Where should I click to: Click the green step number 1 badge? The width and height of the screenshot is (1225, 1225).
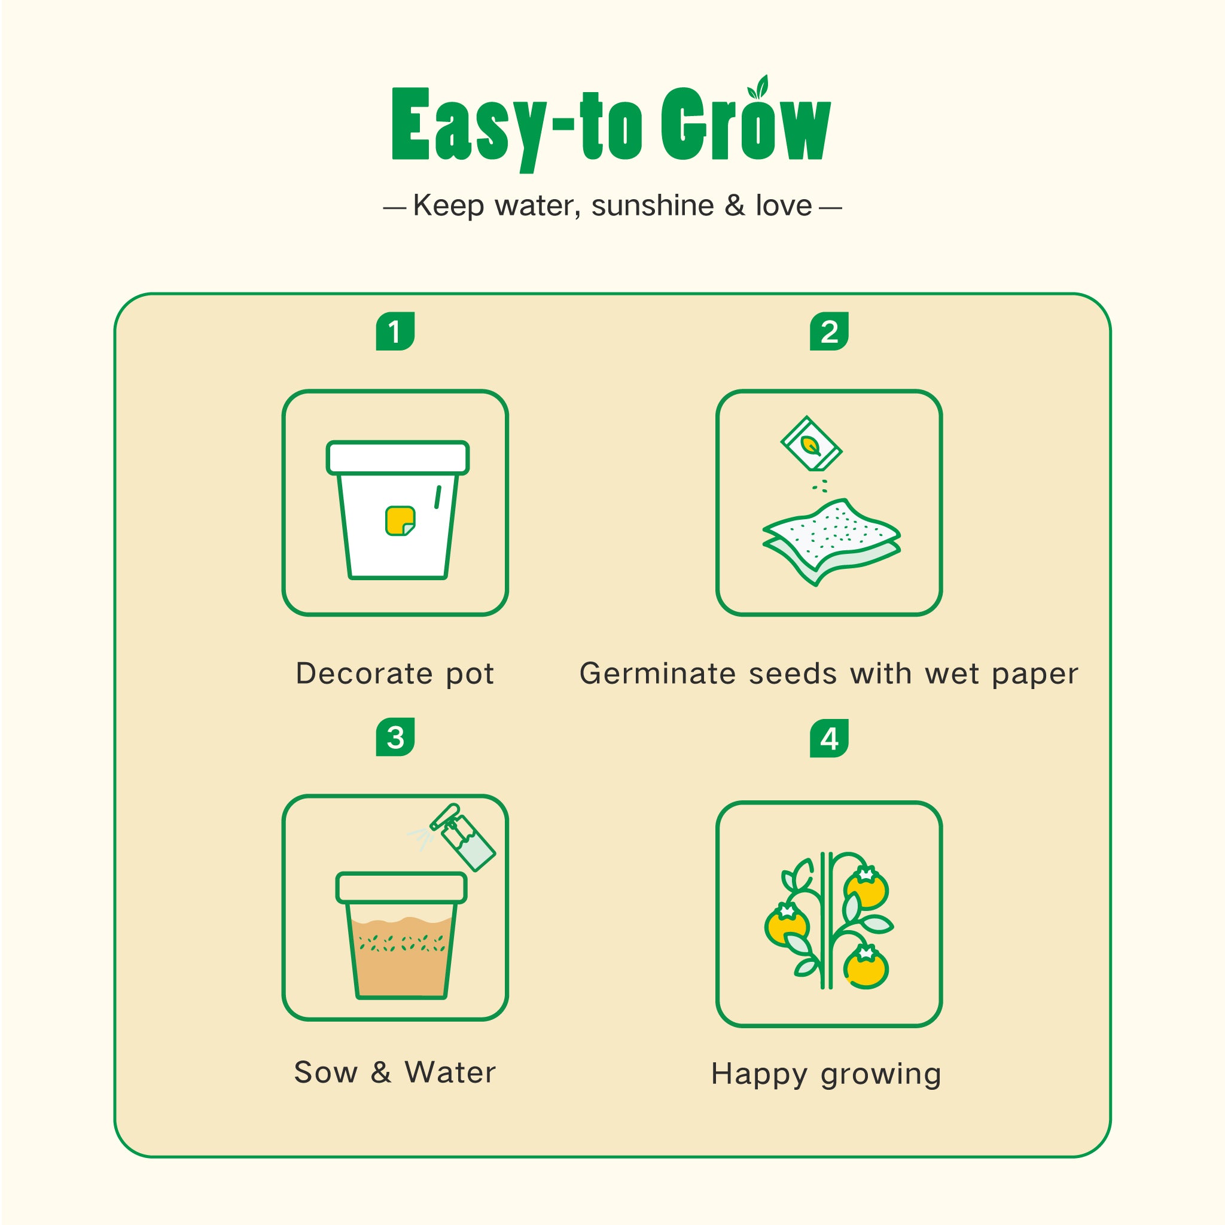point(395,331)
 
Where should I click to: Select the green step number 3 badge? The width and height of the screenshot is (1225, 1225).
point(395,737)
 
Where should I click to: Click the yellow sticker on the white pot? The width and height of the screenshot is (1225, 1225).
point(400,520)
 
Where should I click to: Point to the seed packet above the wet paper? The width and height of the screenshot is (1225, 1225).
point(811,444)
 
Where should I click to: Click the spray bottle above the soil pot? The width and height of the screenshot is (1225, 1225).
point(462,837)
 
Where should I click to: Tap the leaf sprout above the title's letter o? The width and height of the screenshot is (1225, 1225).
point(758,87)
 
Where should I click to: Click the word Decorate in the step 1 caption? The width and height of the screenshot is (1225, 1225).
point(364,674)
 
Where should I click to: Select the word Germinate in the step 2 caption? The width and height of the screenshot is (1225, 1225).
point(657,674)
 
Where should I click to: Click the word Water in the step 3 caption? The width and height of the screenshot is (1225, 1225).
point(450,1072)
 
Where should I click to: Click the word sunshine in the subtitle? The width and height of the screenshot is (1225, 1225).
point(653,205)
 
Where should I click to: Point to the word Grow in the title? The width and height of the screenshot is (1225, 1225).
point(746,124)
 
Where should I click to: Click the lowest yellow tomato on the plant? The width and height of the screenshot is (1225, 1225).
point(866,967)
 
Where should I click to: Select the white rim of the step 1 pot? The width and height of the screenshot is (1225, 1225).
point(398,457)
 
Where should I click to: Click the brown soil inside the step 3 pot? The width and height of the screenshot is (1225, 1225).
point(401,957)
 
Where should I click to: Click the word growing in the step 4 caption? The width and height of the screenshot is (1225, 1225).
point(880,1075)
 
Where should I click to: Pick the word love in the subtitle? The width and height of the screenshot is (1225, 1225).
point(784,205)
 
